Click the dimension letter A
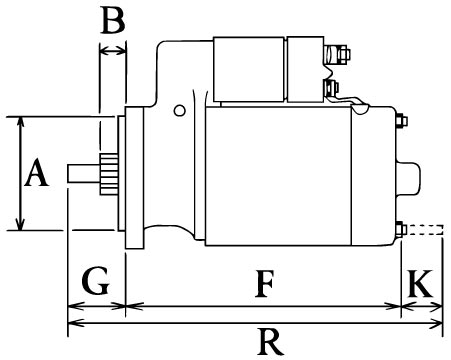point(37,173)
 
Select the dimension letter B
point(113,20)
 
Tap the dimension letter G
point(96,280)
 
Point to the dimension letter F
point(265,284)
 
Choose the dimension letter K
point(420,283)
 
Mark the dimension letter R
point(271,342)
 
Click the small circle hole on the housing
point(180,110)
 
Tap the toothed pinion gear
point(109,174)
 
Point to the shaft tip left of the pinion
point(84,174)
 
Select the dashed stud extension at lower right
point(425,230)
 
